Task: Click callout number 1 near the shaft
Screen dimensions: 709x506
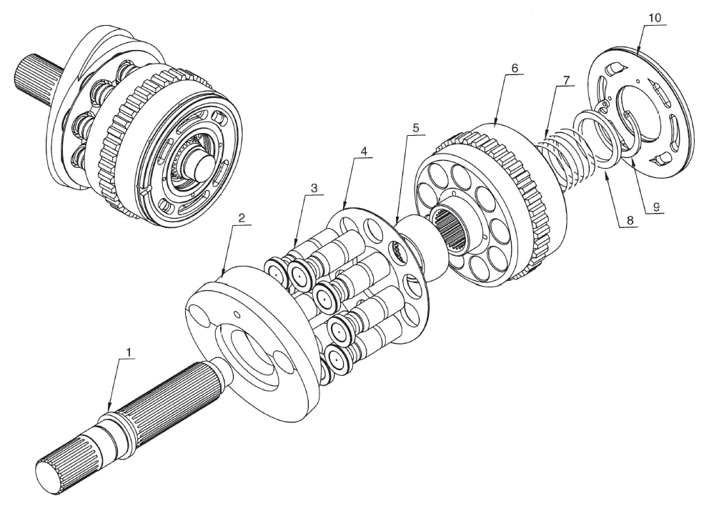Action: pyautogui.click(x=129, y=352)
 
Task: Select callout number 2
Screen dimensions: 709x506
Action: pyautogui.click(x=242, y=218)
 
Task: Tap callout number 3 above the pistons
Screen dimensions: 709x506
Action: pyautogui.click(x=313, y=187)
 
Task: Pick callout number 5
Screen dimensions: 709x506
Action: pyautogui.click(x=415, y=127)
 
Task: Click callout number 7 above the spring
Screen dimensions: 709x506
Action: pyautogui.click(x=566, y=79)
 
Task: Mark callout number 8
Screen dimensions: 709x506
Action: pyautogui.click(x=628, y=220)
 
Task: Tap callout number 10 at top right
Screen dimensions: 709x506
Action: pyautogui.click(x=654, y=18)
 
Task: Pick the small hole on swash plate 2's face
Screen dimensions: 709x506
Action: pyautogui.click(x=236, y=313)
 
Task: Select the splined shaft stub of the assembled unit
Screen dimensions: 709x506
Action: pyautogui.click(x=38, y=79)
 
